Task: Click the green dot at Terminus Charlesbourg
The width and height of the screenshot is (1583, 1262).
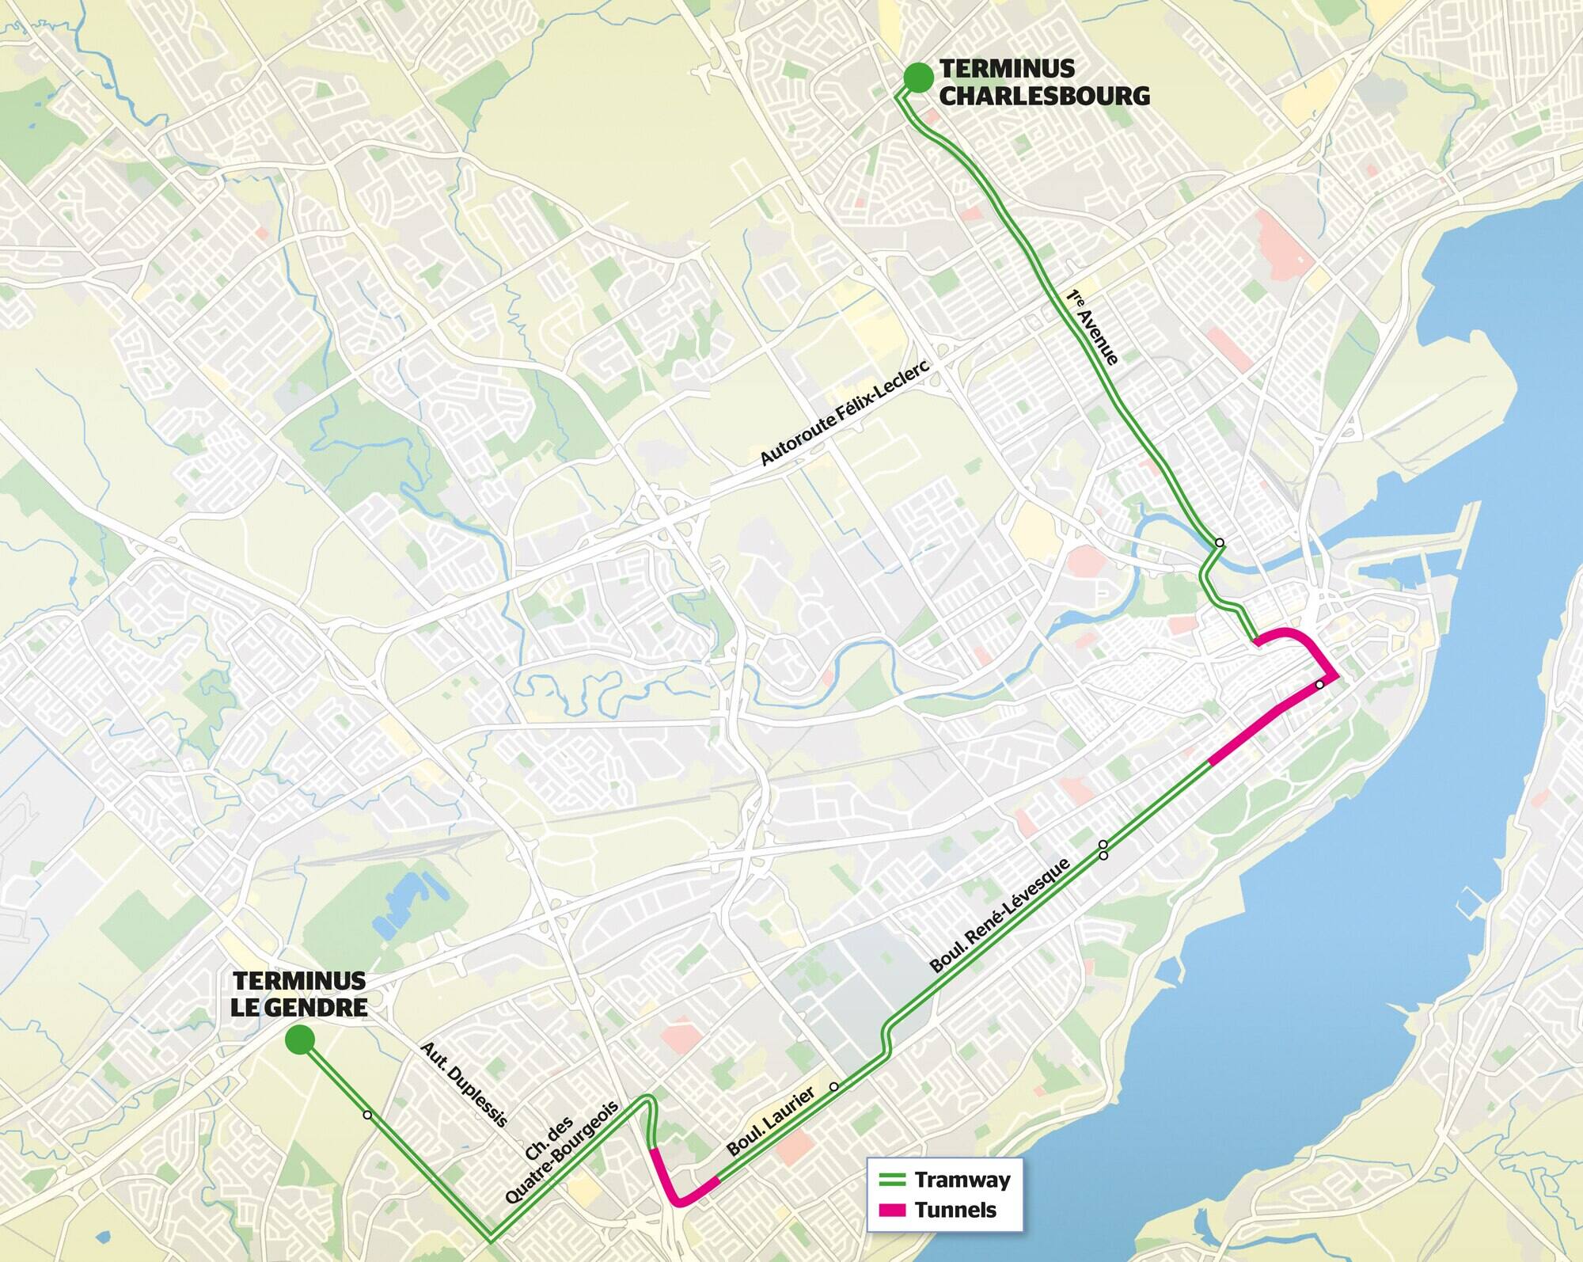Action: tap(917, 77)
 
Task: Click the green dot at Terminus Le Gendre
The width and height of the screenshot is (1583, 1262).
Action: tap(300, 1040)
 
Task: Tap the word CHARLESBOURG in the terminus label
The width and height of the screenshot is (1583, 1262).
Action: tap(1044, 96)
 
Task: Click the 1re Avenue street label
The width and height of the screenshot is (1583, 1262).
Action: tap(1091, 327)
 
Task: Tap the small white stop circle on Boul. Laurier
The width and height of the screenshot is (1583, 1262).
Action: tap(833, 1086)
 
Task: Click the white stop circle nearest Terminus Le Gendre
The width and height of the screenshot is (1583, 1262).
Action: tap(366, 1115)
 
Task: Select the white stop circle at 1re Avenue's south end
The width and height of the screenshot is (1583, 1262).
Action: tap(1220, 542)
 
